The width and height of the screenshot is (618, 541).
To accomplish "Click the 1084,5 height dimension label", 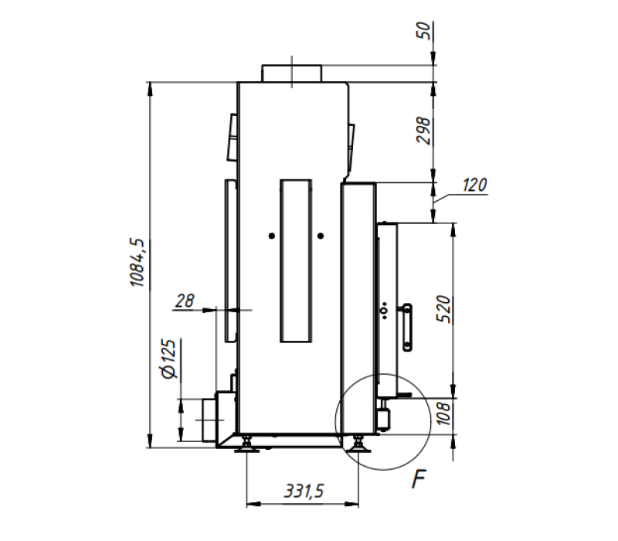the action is pos(138,263).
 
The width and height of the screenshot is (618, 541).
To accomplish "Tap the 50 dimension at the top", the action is pos(423,30).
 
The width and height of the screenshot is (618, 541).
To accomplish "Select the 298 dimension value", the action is pos(423,131).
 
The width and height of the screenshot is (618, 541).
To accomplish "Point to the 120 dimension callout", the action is pos(474,185).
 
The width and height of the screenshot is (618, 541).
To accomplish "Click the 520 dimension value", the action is pos(443,308).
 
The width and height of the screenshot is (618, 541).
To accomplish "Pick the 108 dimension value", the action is pos(443,413).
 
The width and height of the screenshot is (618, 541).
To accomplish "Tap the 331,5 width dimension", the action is pos(304,492).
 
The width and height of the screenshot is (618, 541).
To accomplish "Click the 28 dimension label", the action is pos(185,301).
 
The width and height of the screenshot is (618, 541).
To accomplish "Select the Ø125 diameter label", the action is pos(169,359).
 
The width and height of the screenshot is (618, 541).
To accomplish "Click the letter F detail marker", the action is pos(419,479).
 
